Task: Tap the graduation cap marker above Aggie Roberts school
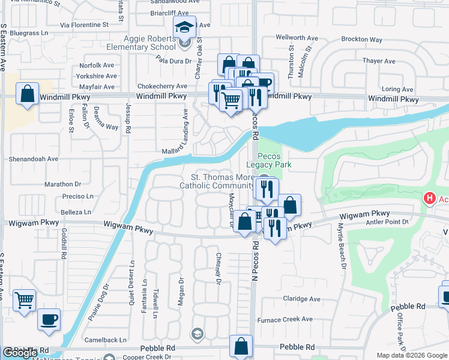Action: coord(184,27)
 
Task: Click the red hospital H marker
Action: coord(429,198)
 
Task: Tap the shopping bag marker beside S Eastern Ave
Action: coord(28,94)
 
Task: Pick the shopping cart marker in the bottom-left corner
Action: coord(24,300)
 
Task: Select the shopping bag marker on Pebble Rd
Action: coord(241,346)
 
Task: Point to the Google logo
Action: coord(20,353)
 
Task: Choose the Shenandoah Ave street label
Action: coord(33,159)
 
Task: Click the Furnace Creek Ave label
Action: coord(290,319)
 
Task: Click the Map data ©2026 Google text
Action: coord(411,355)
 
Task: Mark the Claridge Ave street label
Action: coord(301,299)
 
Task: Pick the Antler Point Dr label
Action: coord(387,222)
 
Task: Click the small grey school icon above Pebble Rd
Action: coord(197,333)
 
